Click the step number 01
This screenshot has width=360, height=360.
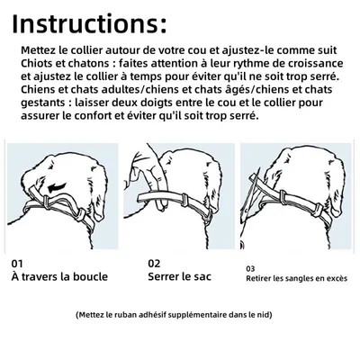[x=18, y=264]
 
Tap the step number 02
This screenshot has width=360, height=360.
[x=154, y=264]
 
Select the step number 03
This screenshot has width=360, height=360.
[x=250, y=267]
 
